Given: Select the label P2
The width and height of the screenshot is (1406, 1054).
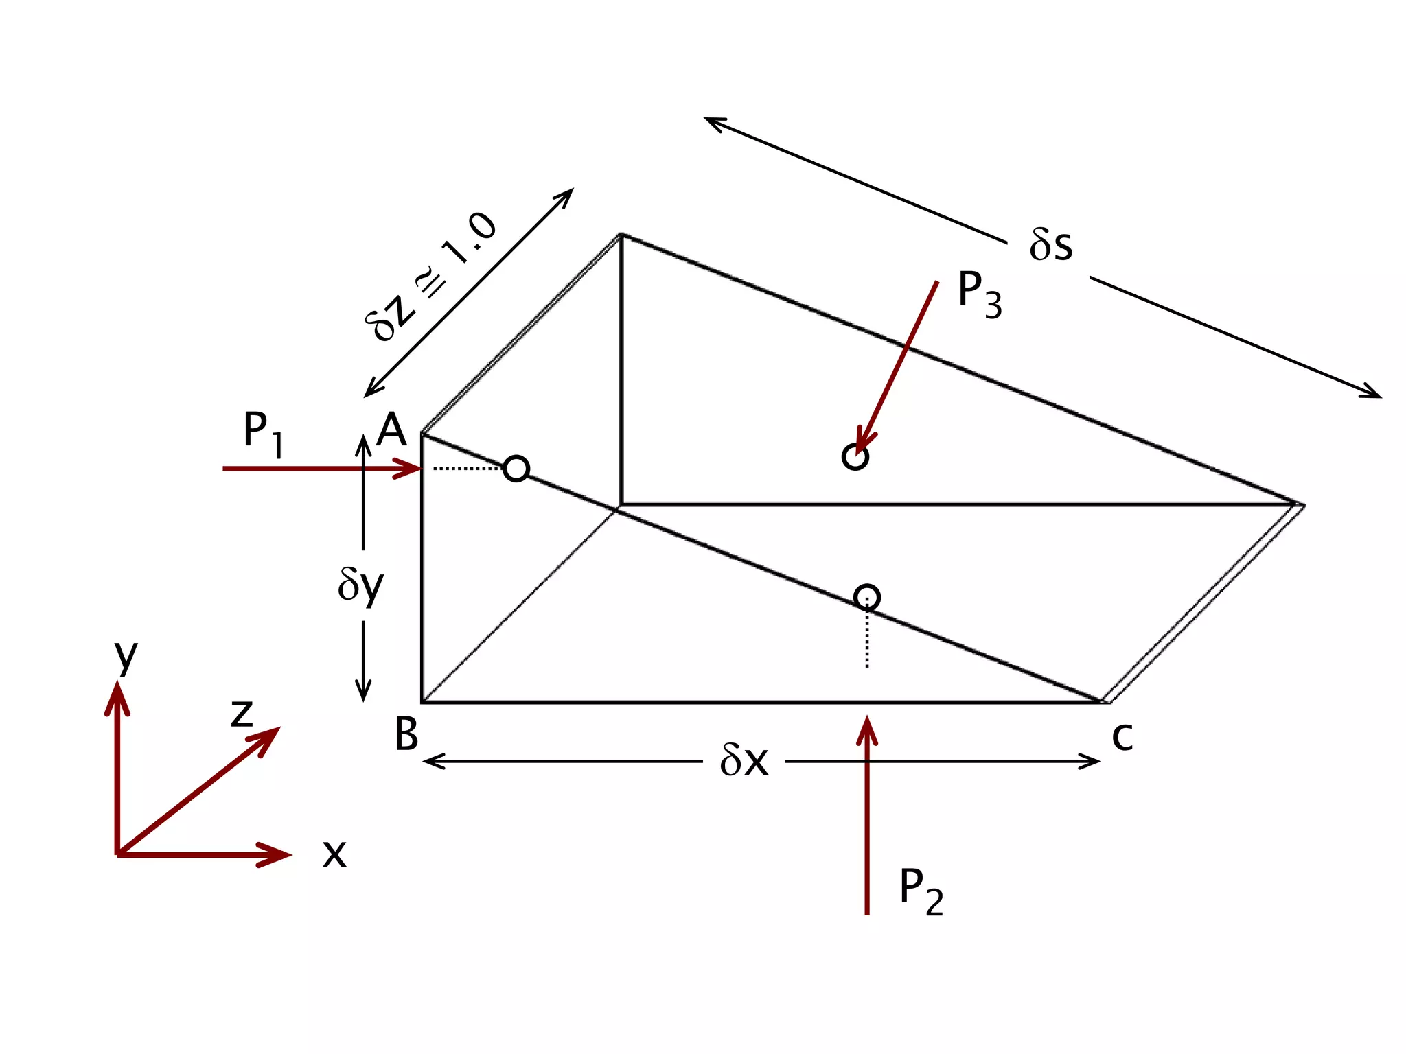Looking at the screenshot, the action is point(921,891).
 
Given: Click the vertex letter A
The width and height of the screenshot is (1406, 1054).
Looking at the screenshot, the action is point(392,430).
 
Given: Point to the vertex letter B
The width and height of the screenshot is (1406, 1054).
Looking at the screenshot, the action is point(406,734).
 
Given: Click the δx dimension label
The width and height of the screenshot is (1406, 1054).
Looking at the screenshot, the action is point(744,761).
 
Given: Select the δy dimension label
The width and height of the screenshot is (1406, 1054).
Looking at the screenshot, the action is point(361,585).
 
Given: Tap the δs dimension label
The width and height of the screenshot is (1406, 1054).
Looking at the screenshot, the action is point(1050,245).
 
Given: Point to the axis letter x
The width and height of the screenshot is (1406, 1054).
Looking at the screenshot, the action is point(334,855).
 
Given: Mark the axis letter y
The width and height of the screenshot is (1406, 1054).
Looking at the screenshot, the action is point(126,655).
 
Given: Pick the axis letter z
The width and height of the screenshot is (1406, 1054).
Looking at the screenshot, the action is point(242,714).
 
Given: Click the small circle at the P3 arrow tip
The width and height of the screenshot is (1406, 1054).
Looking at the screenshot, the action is point(855,456).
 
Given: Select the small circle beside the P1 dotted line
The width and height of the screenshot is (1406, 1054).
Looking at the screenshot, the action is point(516,469).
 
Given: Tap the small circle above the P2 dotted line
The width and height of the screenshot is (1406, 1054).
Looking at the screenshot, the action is point(867,597).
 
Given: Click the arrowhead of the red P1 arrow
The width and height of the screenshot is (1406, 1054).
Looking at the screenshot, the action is point(409,469).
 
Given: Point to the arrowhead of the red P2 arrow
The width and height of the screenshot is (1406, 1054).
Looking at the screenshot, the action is point(867,727).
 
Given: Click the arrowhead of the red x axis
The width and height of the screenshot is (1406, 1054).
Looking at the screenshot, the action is point(278,855).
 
